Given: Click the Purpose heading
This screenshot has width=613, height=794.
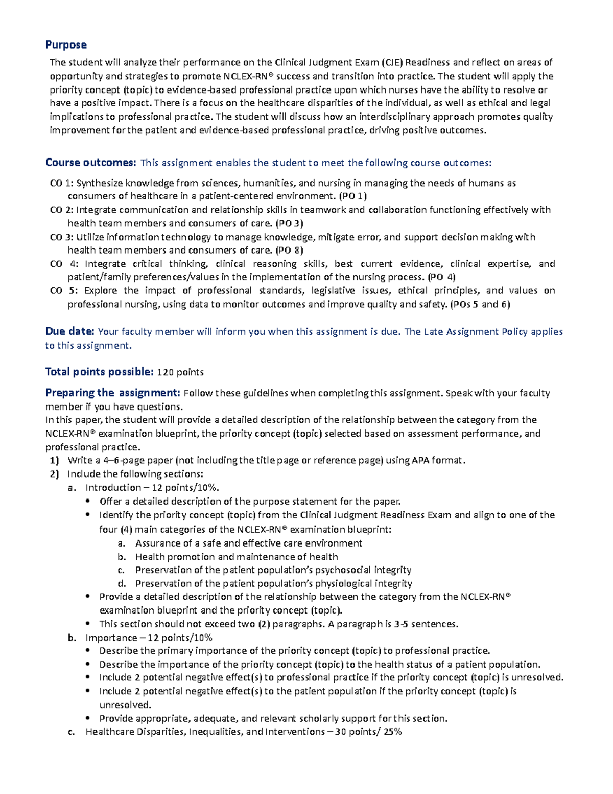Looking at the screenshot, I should pos(66,45).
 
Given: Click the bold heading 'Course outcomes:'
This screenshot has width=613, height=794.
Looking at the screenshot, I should pos(90,163).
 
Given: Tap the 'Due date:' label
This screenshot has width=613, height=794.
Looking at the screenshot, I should pos(69,331).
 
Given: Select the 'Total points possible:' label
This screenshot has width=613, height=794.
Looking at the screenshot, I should pos(99,372).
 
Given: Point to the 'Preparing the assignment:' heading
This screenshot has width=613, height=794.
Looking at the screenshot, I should pos(112,393).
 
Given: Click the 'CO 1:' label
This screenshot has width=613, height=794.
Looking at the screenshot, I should pos(61,183).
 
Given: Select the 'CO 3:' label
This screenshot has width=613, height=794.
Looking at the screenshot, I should pos(61,237).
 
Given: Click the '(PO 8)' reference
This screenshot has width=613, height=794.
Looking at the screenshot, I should pos(289,250).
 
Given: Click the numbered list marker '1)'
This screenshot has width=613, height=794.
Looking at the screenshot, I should pos(54,460).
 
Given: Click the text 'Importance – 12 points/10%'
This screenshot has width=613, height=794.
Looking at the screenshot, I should pos(149,638).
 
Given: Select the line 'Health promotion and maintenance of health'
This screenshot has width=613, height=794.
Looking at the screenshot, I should pos(237,557).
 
